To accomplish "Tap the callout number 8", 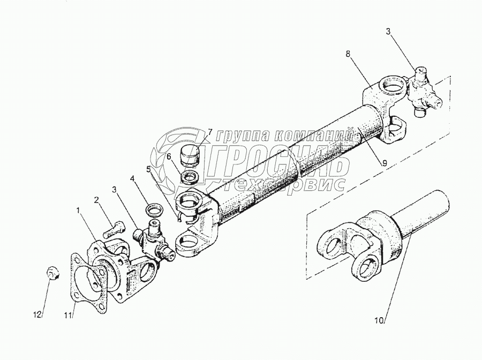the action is coord(348,54).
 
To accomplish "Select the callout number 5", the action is coord(148,169).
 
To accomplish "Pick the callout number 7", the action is coord(210,132).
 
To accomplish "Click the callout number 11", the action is coord(68,316).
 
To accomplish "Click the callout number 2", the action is coord(96,200).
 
